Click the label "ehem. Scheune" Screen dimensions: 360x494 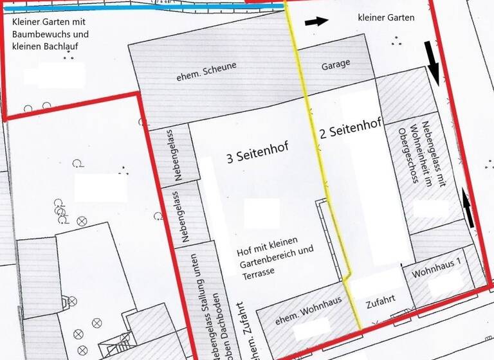point(206,71)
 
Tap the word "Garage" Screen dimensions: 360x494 point(336,64)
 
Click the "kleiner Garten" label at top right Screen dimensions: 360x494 point(386,18)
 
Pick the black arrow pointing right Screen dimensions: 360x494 point(315,21)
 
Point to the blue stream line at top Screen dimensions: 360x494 point(142,7)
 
